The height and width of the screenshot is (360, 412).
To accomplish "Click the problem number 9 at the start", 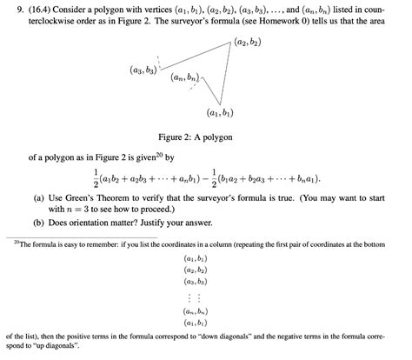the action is coord(9,9).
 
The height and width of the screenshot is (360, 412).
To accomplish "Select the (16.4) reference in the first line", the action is coord(30,9).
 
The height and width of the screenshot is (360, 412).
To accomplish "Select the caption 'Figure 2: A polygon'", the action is coord(205,138).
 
